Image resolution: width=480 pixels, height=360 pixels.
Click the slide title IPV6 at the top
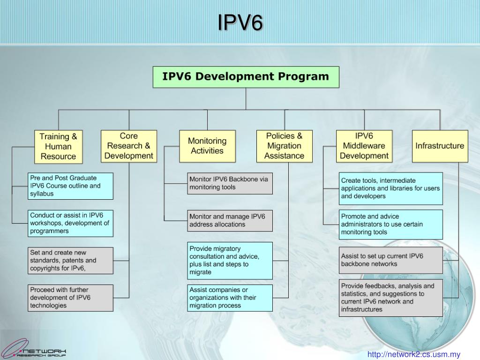pyautogui.click(x=240, y=22)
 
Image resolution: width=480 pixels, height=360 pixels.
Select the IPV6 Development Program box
pyautogui.click(x=246, y=77)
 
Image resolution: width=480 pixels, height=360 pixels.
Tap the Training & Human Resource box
pyautogui.click(x=58, y=147)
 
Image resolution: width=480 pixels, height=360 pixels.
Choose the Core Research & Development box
pyautogui.click(x=129, y=146)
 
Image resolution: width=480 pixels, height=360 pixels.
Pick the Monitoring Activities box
pyautogui.click(x=207, y=146)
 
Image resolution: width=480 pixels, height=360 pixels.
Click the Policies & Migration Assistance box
pyautogui.click(x=285, y=146)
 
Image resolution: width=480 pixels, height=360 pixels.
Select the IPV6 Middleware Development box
pyautogui.click(x=364, y=146)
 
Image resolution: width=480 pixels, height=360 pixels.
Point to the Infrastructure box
pyautogui.click(x=440, y=146)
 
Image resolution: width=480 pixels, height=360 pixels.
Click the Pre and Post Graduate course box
pyautogui.click(x=70, y=186)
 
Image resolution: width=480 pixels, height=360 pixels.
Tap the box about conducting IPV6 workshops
pyautogui.click(x=70, y=223)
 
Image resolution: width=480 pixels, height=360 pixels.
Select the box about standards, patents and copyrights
pyautogui.click(x=70, y=261)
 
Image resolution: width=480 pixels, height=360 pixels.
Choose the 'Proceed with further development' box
pyautogui.click(x=70, y=298)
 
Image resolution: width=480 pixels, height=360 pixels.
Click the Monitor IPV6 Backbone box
pyautogui.click(x=230, y=183)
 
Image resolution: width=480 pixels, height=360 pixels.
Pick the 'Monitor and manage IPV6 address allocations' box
pyautogui.click(x=230, y=220)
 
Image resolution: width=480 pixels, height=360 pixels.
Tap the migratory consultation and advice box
pyautogui.click(x=230, y=261)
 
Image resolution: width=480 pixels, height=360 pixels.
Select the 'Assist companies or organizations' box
pyautogui.click(x=230, y=298)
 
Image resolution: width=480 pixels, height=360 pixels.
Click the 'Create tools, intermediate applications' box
pyautogui.click(x=390, y=188)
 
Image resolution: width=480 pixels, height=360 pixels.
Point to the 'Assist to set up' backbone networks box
pyautogui.click(x=390, y=260)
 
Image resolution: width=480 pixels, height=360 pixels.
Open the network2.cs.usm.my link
pyautogui.click(x=414, y=355)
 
